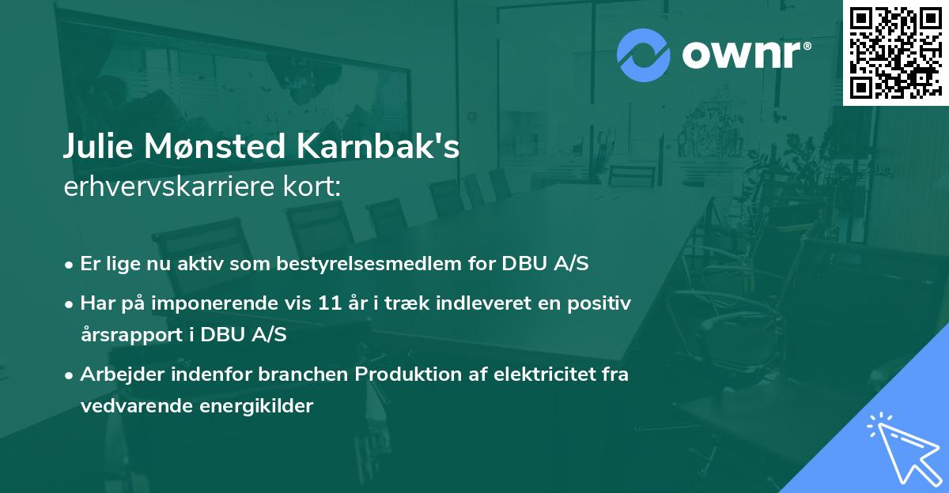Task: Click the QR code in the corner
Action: click(x=894, y=52)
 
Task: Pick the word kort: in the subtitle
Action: click(x=313, y=186)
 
